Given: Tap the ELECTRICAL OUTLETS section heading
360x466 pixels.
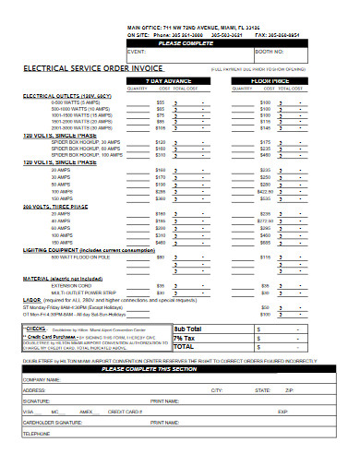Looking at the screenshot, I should coord(61,95).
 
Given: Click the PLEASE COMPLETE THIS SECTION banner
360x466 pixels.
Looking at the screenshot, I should coord(181,368).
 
